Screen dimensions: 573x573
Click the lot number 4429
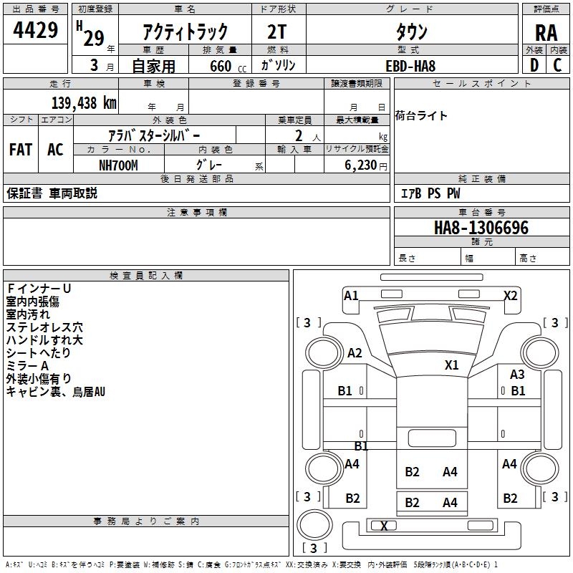click(36, 31)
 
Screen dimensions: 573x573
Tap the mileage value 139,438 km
click(84, 103)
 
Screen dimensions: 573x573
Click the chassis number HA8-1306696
click(481, 228)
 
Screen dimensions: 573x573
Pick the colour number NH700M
click(117, 165)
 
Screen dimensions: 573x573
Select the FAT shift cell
click(21, 150)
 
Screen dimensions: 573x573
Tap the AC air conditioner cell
click(55, 150)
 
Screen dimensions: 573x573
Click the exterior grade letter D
click(534, 65)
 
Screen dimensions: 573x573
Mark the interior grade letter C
click(557, 65)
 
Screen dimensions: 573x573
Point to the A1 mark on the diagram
click(351, 295)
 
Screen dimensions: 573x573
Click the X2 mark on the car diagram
click(511, 295)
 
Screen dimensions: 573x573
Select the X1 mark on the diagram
click(451, 365)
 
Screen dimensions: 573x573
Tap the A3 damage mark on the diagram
click(517, 374)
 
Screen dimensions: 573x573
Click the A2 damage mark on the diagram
click(355, 352)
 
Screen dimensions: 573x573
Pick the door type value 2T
click(278, 32)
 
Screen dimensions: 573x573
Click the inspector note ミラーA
click(27, 366)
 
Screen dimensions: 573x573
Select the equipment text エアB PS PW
click(430, 193)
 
